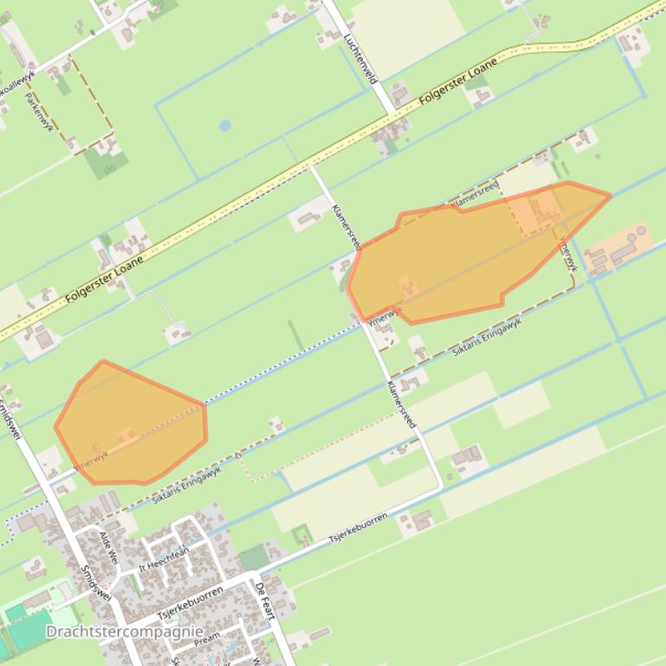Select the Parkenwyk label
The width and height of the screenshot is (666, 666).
[x=40, y=112]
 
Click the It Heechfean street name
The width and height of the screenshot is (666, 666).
[x=164, y=560]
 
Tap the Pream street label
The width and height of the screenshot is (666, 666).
[x=207, y=640]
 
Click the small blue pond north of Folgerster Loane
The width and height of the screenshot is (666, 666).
[x=225, y=125]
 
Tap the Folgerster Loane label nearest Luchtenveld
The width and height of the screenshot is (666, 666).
[x=458, y=82]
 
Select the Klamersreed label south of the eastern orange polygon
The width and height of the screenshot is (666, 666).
[x=402, y=405]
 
